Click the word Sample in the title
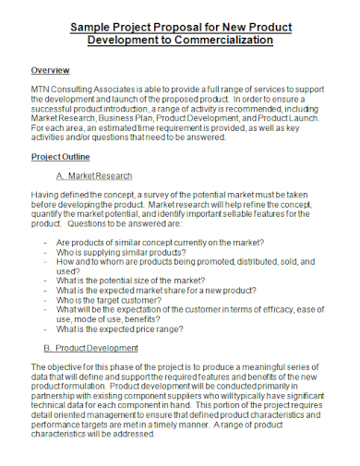tap(94, 27)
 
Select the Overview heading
tap(50, 70)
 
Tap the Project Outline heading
tap(61, 156)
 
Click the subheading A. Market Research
tap(94, 175)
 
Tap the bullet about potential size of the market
tap(141, 281)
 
